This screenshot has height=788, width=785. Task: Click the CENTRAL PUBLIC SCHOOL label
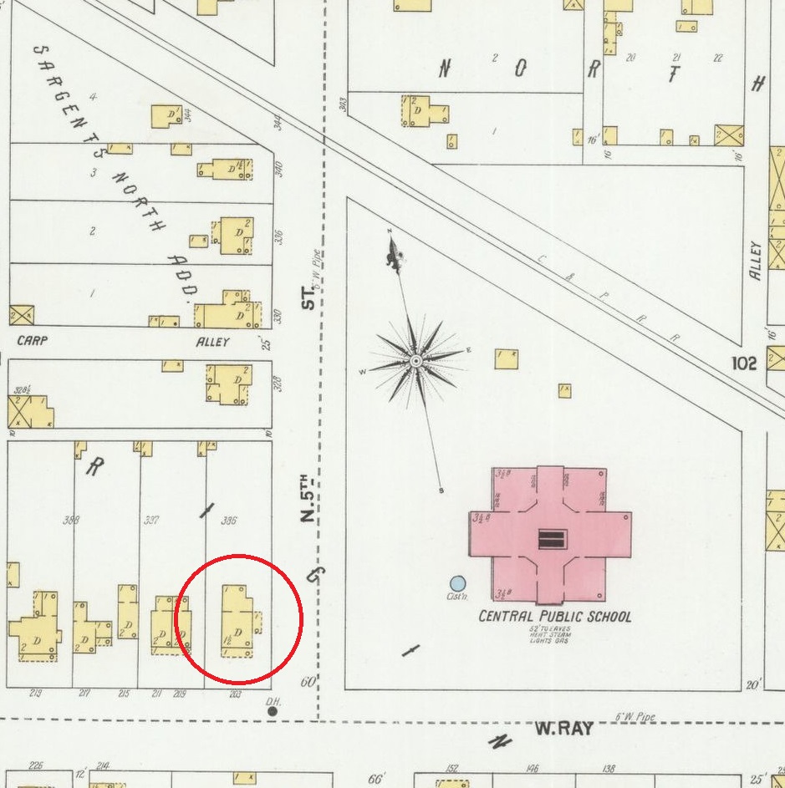tap(554, 618)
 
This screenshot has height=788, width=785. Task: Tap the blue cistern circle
tap(457, 583)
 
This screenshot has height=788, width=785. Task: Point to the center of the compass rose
tap(415, 361)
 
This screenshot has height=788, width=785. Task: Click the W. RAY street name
tap(563, 729)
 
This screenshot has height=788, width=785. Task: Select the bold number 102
tap(742, 363)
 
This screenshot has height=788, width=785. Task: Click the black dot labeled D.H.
tap(273, 711)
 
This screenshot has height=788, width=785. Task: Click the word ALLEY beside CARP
tap(212, 342)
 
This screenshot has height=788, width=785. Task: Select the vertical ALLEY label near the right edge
tap(756, 261)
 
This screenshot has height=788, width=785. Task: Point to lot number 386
tap(227, 520)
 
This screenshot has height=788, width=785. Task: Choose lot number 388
tap(71, 521)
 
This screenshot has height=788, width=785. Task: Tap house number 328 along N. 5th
tap(278, 384)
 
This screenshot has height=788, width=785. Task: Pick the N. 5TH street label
tap(307, 500)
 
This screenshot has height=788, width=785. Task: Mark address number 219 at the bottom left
tap(35, 694)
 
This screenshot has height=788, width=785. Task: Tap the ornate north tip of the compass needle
tap(394, 250)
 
